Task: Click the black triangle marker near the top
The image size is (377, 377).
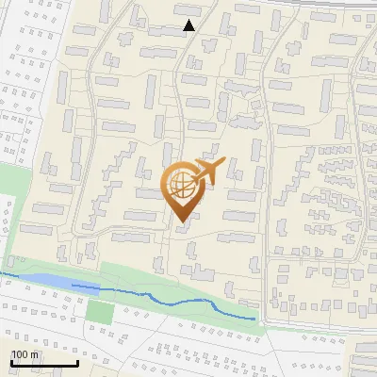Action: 188,25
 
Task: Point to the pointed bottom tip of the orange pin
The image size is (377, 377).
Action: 182,223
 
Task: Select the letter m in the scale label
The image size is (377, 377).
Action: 33,355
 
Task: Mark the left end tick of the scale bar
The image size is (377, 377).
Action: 11,363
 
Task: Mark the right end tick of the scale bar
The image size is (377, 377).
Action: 77,363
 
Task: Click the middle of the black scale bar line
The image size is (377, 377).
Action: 44,364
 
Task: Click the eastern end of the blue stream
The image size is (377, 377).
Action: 254,320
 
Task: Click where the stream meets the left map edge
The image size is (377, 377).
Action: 1,273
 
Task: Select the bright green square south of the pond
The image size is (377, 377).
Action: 99,310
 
